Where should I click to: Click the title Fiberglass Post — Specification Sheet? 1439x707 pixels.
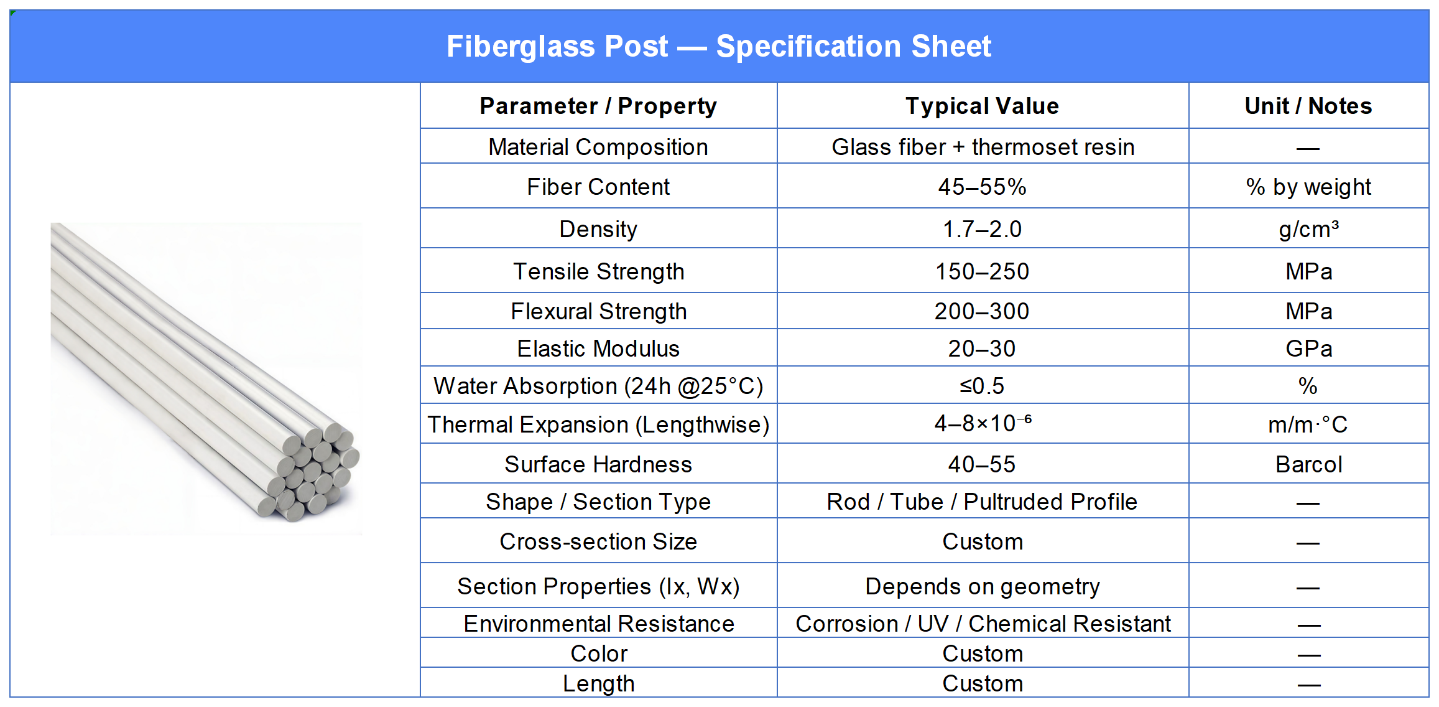click(719, 47)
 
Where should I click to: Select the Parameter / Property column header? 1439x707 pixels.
click(598, 106)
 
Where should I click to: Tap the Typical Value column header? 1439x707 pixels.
click(983, 106)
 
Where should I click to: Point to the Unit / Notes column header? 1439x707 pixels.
click(1308, 106)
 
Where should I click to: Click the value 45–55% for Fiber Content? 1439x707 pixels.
click(983, 187)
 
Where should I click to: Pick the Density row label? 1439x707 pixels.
click(598, 229)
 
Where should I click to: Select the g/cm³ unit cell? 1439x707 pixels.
click(1308, 229)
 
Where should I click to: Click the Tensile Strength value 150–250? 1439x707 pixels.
click(983, 271)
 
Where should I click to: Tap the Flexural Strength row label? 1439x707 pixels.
click(598, 311)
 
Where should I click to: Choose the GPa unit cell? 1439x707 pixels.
click(1308, 349)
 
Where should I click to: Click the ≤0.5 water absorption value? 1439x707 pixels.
click(983, 386)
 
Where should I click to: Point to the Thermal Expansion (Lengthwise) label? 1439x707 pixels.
click(598, 424)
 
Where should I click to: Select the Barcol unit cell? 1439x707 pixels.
click(1308, 464)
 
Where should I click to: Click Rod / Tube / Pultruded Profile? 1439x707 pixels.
click(983, 502)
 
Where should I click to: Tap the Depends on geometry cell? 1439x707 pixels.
click(983, 586)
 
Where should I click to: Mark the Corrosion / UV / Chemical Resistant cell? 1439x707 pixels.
click(983, 624)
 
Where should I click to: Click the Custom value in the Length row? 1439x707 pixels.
click(983, 683)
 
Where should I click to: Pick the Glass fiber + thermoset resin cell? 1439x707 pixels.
click(983, 147)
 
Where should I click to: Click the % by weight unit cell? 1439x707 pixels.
click(1308, 187)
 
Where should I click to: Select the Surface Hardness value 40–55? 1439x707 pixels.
click(983, 464)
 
